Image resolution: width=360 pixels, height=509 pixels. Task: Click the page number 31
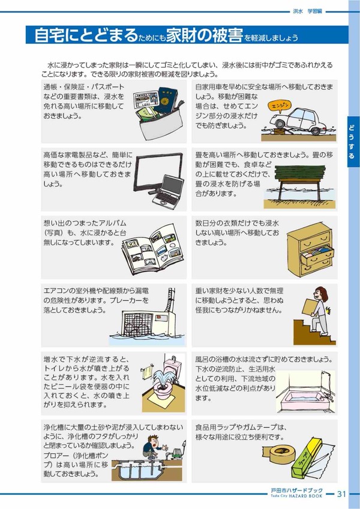point(341,494)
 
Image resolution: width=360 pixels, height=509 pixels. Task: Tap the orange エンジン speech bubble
point(279,106)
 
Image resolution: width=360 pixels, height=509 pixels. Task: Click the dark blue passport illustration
point(166,100)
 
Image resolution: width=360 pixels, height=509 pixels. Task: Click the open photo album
point(152,248)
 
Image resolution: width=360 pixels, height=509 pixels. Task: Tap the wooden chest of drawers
point(311,250)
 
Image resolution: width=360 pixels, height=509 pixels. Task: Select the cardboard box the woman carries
point(310,307)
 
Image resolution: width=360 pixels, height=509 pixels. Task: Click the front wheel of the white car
point(280,124)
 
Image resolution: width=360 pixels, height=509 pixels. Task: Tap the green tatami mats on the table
point(300,173)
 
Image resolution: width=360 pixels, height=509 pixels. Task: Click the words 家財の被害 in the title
point(205,35)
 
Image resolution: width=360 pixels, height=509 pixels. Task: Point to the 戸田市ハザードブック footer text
point(296,490)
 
